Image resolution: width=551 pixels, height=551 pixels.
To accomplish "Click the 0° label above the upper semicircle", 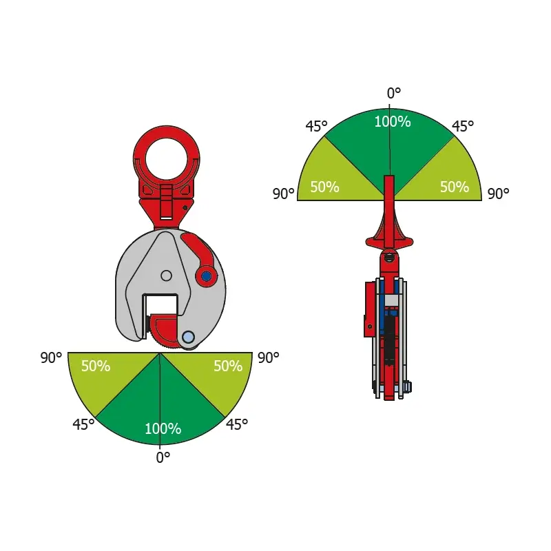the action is pyautogui.click(x=393, y=93).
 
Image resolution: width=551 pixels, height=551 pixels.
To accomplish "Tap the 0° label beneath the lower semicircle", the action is pyautogui.click(x=163, y=457).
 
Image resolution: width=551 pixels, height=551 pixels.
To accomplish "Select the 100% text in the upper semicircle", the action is pyautogui.click(x=393, y=122).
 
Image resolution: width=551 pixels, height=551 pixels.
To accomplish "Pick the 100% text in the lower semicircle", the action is pyautogui.click(x=163, y=428).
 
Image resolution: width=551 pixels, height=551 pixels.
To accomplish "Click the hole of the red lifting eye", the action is pyautogui.click(x=167, y=158).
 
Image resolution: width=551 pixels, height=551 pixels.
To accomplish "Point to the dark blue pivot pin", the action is pyautogui.click(x=206, y=276).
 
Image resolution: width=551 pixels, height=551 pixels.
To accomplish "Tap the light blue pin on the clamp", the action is pyautogui.click(x=188, y=337).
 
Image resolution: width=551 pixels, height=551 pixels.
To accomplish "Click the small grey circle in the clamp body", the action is pyautogui.click(x=166, y=275).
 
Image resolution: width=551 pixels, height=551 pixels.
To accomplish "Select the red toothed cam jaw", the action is pyautogui.click(x=165, y=331).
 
